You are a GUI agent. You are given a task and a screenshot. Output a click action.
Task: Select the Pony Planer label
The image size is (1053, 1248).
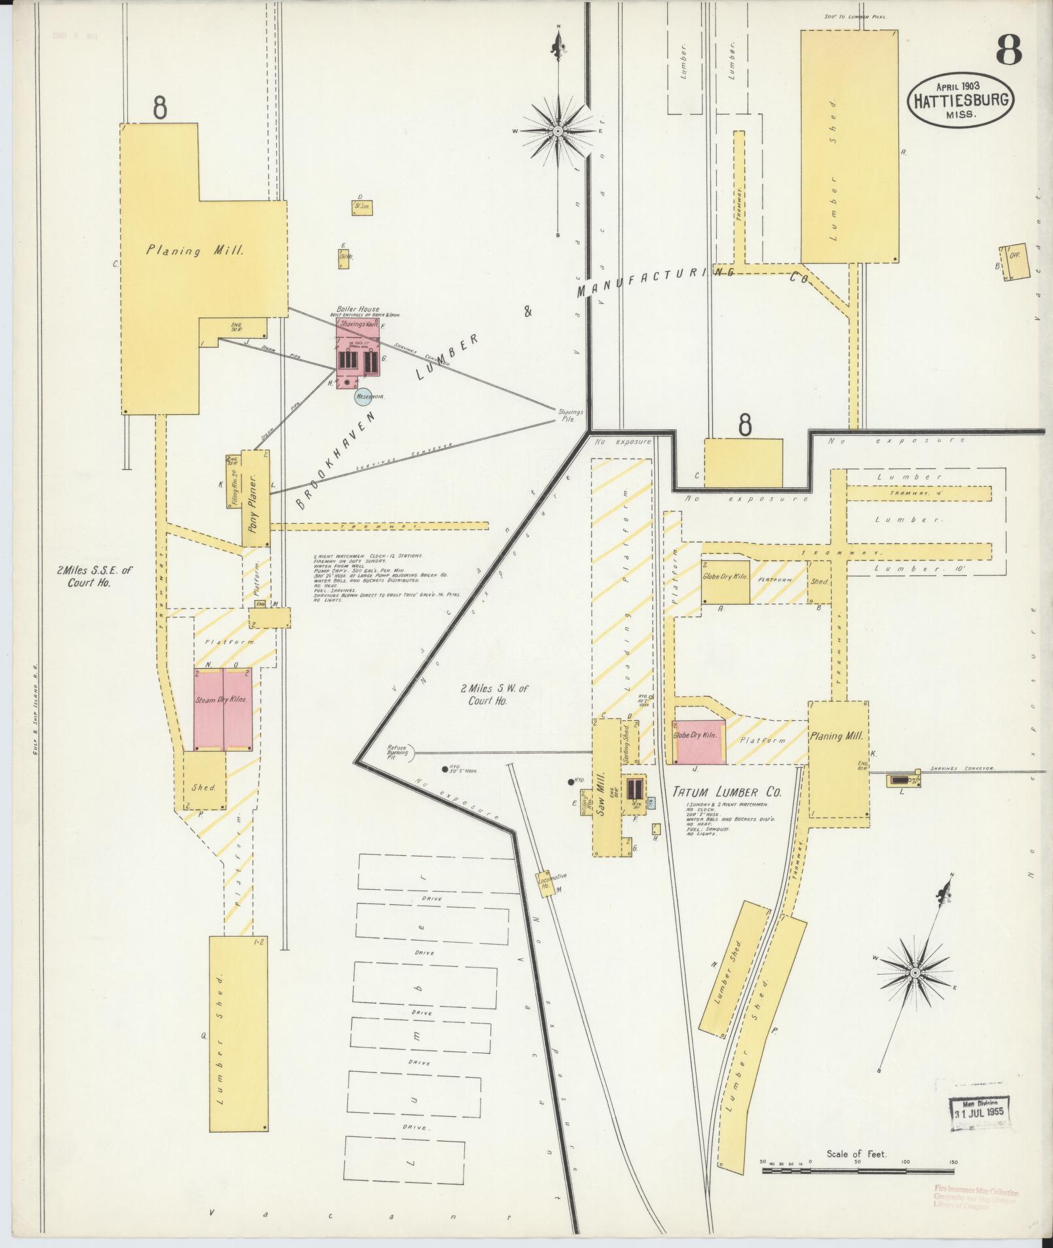[x=255, y=499]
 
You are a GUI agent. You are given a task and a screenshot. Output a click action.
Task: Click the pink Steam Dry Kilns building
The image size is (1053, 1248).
[x=223, y=708]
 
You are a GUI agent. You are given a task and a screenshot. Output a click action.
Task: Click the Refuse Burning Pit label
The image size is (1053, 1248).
[x=398, y=752]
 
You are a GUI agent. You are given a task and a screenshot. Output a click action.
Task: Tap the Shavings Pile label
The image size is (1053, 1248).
[x=569, y=416]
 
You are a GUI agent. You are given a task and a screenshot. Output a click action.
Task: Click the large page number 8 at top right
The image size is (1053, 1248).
[x=1009, y=50]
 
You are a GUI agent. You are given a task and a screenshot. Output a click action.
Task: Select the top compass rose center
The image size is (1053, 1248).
[x=558, y=131]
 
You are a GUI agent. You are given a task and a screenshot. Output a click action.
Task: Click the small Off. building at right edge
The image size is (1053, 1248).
[x=1013, y=262]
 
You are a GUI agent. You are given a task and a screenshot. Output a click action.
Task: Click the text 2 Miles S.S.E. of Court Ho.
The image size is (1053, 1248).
[x=94, y=575]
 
